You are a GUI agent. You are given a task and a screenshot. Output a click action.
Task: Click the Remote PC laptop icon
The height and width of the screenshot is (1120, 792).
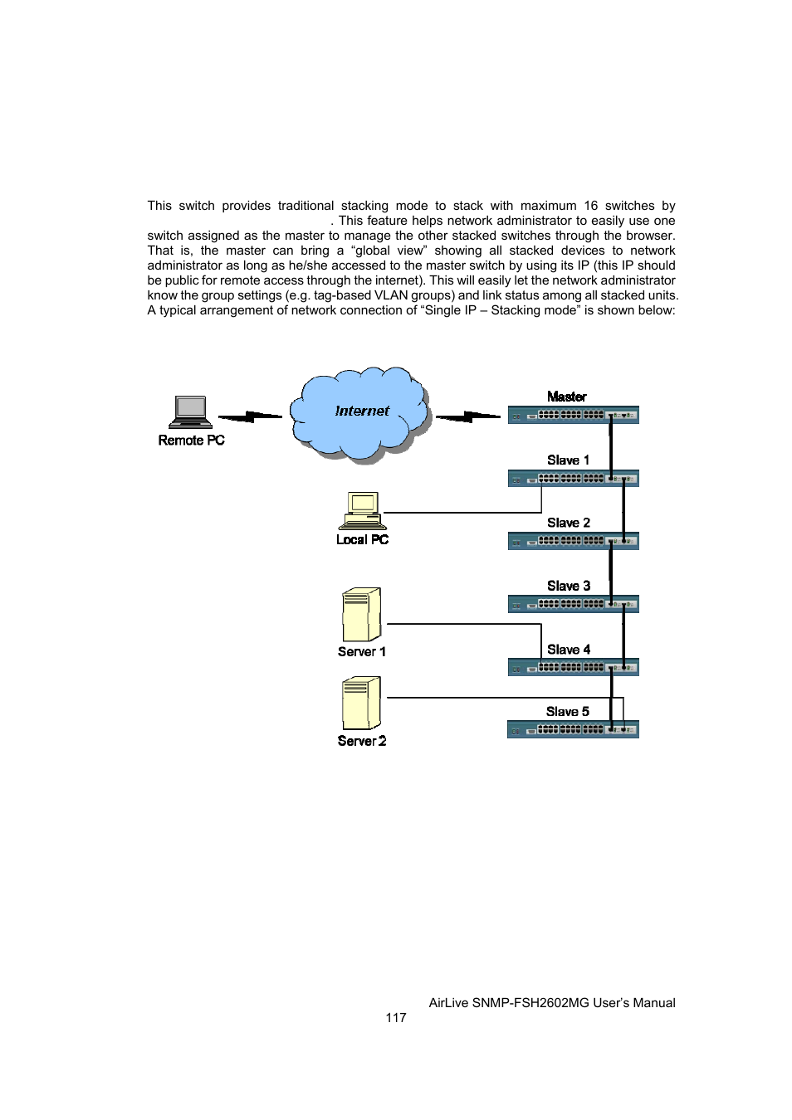[x=190, y=412]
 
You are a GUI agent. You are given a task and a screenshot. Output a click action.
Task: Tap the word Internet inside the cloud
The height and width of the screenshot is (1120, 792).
[x=362, y=411]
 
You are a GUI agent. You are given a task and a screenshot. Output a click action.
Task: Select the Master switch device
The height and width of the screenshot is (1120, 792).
[x=573, y=415]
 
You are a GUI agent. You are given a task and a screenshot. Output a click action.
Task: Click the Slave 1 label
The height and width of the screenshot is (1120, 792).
[x=568, y=460]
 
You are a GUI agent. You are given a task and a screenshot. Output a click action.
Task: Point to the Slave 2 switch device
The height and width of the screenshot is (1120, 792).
[x=573, y=541]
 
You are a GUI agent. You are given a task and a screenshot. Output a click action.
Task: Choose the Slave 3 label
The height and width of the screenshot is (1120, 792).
[x=569, y=586]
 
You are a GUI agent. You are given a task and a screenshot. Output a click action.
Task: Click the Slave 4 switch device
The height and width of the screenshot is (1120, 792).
[x=573, y=667]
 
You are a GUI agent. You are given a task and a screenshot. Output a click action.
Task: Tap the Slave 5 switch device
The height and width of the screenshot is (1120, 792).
[x=573, y=729]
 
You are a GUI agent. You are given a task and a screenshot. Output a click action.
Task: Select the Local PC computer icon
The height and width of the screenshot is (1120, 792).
[x=362, y=510]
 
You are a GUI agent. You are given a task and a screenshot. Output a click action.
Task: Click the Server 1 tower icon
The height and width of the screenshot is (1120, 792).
[x=361, y=615]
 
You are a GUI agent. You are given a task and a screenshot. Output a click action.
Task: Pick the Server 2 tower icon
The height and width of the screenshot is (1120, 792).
[x=361, y=703]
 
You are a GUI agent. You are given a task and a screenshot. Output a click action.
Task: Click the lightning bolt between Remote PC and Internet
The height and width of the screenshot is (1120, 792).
[x=250, y=416]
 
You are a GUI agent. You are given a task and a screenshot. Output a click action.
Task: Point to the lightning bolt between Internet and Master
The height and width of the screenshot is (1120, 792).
[x=467, y=416]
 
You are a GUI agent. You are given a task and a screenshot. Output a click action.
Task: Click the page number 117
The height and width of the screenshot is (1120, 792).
[x=396, y=1017]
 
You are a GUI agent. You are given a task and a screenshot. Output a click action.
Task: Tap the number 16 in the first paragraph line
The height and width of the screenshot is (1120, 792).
[x=590, y=206]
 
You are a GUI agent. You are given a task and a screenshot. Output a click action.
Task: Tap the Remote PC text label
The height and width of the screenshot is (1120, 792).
[x=191, y=440]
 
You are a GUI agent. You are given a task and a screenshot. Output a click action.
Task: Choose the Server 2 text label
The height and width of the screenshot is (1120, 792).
[x=362, y=741]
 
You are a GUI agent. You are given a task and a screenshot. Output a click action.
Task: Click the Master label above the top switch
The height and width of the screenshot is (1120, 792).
[x=566, y=397]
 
